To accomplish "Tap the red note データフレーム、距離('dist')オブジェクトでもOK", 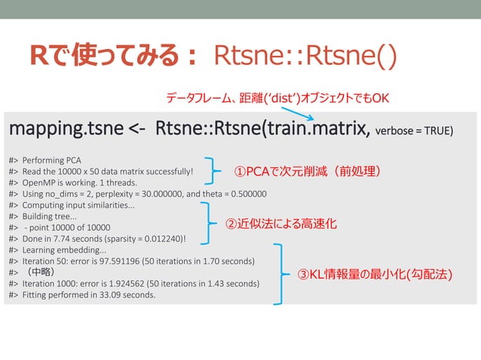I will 277,99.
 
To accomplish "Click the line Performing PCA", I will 57,160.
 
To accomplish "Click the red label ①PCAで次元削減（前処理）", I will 306,172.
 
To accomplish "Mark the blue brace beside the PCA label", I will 216,172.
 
